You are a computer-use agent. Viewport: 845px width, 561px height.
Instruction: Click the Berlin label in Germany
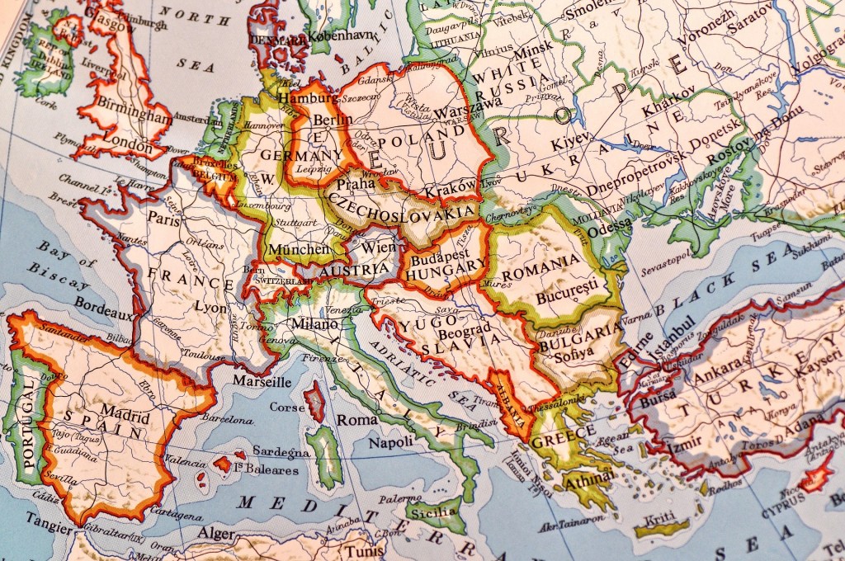pyautogui.click(x=334, y=120)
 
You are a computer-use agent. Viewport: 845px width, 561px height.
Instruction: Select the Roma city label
pyautogui.click(x=357, y=420)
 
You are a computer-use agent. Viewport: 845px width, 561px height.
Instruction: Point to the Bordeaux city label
pyautogui.click(x=103, y=303)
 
